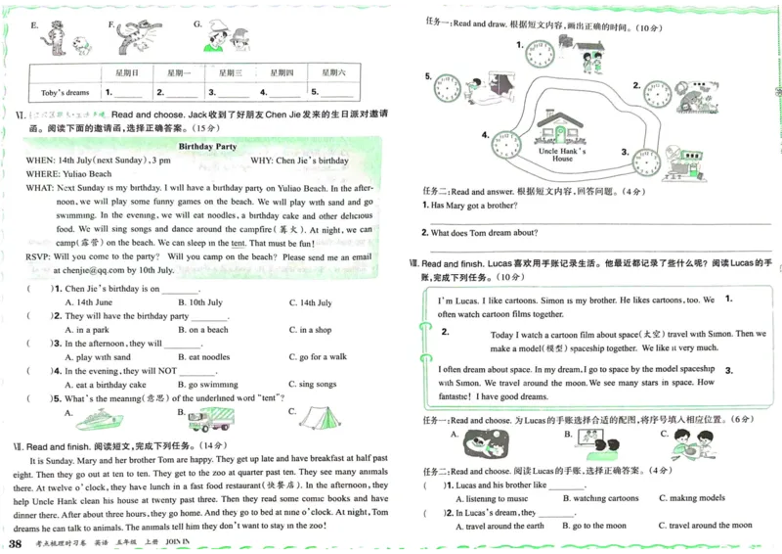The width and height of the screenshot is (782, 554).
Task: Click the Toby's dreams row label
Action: pos(65,92)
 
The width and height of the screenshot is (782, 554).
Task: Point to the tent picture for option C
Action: pos(317,418)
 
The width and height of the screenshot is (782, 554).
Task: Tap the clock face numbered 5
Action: pos(448,88)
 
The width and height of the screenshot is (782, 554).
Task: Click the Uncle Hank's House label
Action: pos(562,155)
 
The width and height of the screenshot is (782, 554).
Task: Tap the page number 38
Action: pos(15,543)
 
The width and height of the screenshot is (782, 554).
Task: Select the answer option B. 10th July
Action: pos(199,302)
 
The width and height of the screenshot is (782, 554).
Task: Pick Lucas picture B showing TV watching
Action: pos(595,445)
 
